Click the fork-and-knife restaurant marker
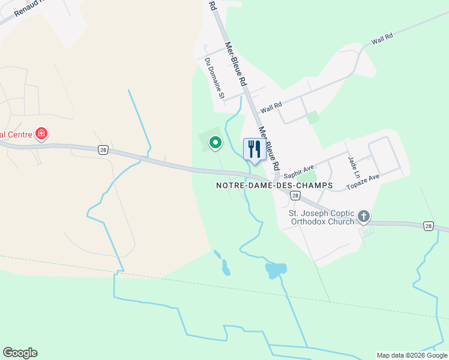coord(255,149)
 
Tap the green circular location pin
coord(215,142)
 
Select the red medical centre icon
coord(41,133)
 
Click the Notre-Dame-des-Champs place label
coord(274,186)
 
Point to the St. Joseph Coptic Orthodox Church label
coord(322,217)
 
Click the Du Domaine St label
coord(214,78)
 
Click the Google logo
coord(20,353)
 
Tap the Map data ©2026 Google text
coord(411,355)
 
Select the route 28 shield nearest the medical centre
coord(104,151)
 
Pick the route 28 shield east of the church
coord(427,226)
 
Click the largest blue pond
coord(275,270)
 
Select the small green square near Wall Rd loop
coord(312,117)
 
